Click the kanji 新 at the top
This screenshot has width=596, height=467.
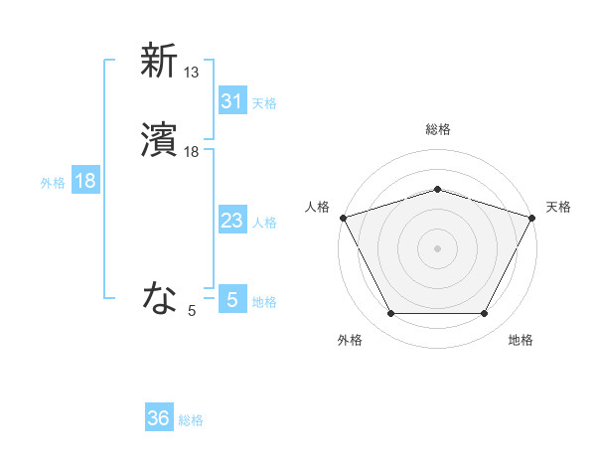point(159,61)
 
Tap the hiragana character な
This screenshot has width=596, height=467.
point(159,297)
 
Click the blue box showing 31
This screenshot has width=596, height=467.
point(231,101)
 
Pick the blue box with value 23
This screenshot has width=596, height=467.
point(231,222)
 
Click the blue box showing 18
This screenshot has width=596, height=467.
point(84,182)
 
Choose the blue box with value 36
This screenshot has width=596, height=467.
point(159,419)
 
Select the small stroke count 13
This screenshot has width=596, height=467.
point(192,72)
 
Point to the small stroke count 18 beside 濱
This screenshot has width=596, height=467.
point(192,152)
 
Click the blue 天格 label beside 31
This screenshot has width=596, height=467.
point(264,103)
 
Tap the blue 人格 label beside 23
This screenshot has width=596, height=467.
point(264,223)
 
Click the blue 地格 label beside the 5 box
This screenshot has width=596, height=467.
point(264,302)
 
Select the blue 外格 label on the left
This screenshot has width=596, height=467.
point(52,183)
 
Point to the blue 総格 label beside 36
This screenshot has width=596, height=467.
point(191,420)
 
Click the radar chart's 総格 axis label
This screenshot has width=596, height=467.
point(437,129)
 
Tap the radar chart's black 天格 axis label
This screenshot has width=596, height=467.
point(558,207)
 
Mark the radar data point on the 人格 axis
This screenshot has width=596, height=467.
point(343,217)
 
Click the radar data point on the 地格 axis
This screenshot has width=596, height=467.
point(484,313)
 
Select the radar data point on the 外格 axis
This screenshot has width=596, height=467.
point(390,313)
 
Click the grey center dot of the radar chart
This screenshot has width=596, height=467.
point(437,247)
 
